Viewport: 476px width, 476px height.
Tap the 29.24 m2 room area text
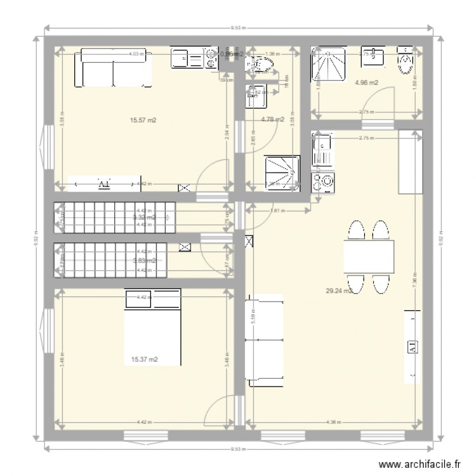(x=338, y=291)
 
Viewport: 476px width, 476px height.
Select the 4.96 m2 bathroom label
(x=367, y=83)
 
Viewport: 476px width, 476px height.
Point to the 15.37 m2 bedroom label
(x=144, y=360)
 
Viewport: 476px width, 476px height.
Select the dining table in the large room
(x=369, y=256)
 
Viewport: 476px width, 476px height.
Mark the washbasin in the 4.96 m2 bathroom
(x=373, y=56)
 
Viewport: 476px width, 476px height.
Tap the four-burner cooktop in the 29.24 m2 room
(x=322, y=182)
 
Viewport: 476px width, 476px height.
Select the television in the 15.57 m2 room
(x=103, y=184)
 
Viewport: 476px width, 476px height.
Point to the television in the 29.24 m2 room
(x=413, y=347)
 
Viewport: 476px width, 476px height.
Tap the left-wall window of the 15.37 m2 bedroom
(x=46, y=330)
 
